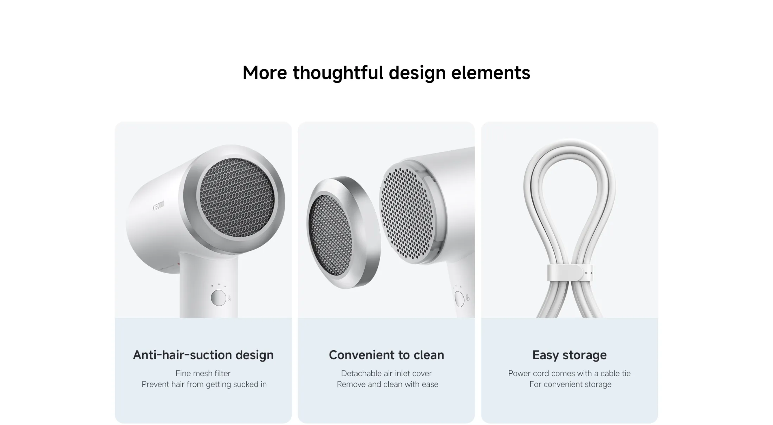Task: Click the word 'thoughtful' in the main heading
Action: (x=338, y=73)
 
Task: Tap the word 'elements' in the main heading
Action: (x=491, y=73)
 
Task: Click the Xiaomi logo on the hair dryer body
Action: (x=158, y=206)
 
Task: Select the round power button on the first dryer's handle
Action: (x=218, y=298)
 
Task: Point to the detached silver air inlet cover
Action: (x=343, y=232)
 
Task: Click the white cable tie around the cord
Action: (x=570, y=273)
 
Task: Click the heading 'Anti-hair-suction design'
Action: (x=203, y=355)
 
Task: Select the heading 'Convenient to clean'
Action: (x=386, y=355)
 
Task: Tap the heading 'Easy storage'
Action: (x=569, y=355)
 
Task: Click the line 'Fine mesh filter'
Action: (x=203, y=373)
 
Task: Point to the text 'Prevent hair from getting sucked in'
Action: (x=204, y=384)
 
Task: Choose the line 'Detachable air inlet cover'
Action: (x=386, y=373)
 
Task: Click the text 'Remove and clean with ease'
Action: (x=387, y=384)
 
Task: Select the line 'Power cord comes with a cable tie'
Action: (x=569, y=373)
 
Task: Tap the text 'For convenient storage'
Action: (x=570, y=384)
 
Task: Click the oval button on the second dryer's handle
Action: (x=459, y=299)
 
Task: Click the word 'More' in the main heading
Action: (x=265, y=73)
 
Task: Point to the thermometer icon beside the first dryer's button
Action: (x=229, y=298)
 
